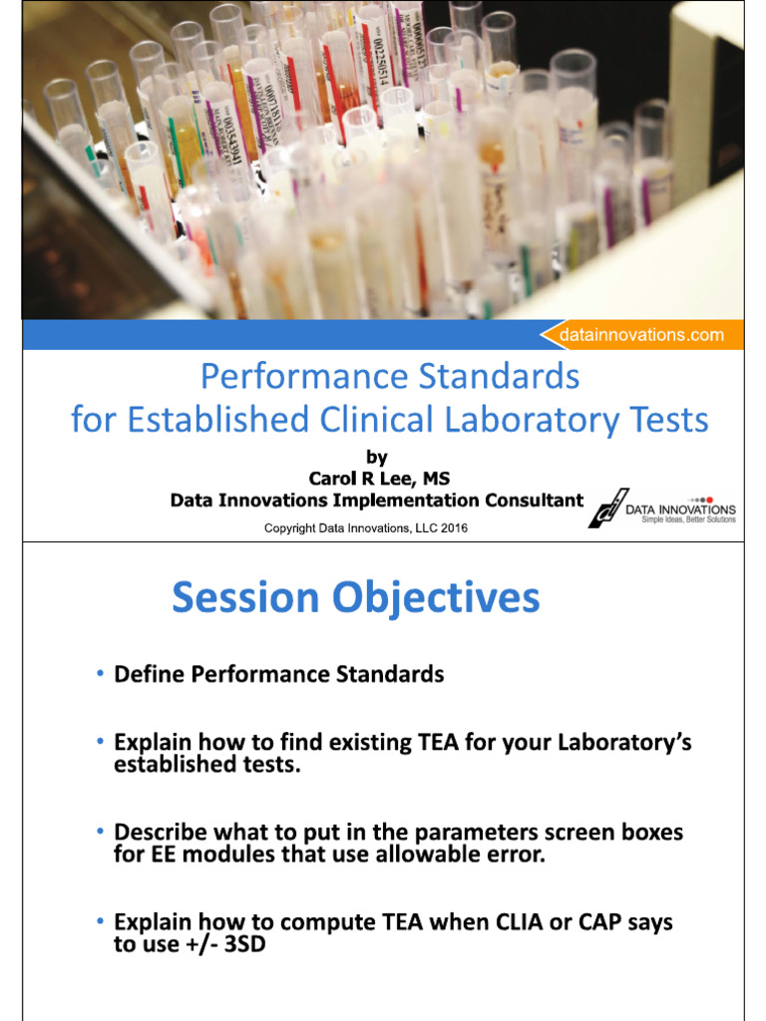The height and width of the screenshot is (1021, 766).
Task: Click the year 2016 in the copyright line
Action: [x=452, y=528]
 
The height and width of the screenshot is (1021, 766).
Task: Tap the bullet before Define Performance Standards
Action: [x=100, y=675]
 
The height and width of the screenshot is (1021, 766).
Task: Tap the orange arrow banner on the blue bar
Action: [x=641, y=335]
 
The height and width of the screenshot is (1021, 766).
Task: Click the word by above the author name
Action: [x=376, y=458]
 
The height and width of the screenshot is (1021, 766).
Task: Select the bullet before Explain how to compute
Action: [x=100, y=922]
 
